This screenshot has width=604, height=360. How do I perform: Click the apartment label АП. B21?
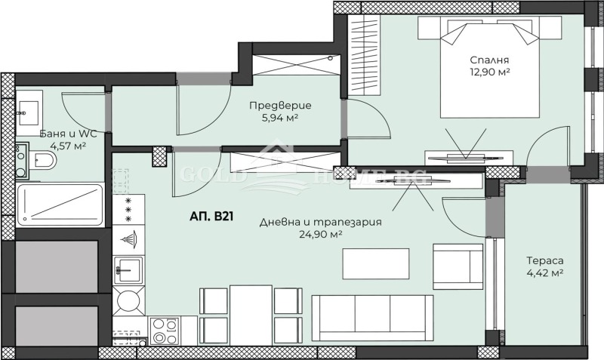tap(211, 217)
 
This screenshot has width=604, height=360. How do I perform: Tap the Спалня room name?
tap(489, 60)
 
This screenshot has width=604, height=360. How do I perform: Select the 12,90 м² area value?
tap(489, 72)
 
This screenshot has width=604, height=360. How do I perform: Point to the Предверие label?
tap(280, 106)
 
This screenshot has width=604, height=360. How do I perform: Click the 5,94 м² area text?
tap(280, 118)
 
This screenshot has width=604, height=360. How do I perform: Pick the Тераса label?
tap(545, 260)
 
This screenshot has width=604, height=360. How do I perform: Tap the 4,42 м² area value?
tap(545, 273)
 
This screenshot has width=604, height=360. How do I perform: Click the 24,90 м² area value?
tap(321, 234)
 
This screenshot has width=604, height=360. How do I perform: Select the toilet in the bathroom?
tap(42, 160)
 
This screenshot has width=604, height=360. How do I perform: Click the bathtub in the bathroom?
tap(60, 205)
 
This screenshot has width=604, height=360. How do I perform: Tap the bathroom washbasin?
tap(29, 112)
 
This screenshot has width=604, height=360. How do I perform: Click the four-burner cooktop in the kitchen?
tap(165, 331)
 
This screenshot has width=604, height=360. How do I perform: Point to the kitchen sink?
tap(128, 270)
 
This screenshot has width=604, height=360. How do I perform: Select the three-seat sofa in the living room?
tap(372, 318)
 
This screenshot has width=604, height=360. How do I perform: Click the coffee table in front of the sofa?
tap(376, 263)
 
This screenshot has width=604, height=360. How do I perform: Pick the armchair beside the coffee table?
tap(458, 266)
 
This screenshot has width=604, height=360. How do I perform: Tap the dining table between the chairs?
tap(251, 315)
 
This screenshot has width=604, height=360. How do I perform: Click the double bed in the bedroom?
tap(489, 67)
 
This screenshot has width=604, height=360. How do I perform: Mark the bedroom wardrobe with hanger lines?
tap(364, 55)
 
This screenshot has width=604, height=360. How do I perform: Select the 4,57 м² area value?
tap(68, 146)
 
